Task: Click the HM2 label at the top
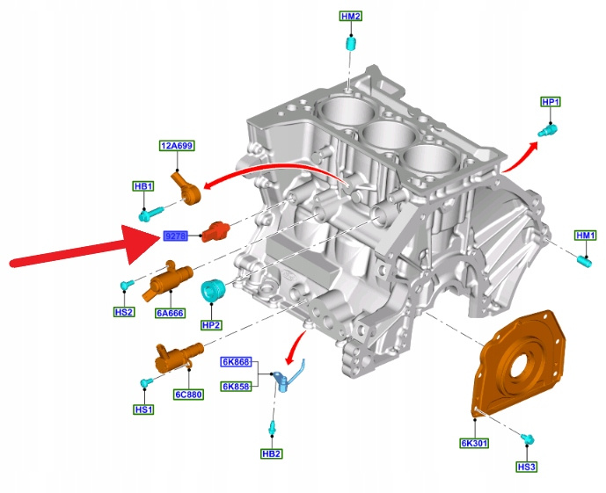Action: [x=351, y=17]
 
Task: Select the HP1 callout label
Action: [x=551, y=103]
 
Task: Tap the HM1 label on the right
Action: [x=585, y=236]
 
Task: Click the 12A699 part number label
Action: [x=177, y=146]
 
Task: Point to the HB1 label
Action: [x=143, y=186]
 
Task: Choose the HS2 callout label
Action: [x=124, y=312]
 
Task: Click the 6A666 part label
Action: [x=170, y=312]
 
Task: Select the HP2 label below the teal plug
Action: [x=211, y=324]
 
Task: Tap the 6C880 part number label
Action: [x=188, y=395]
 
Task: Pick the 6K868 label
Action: [x=236, y=362]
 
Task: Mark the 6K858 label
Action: [x=236, y=386]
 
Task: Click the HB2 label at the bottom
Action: [x=272, y=453]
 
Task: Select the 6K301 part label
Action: [x=475, y=442]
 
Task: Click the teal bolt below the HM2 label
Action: [x=350, y=43]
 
